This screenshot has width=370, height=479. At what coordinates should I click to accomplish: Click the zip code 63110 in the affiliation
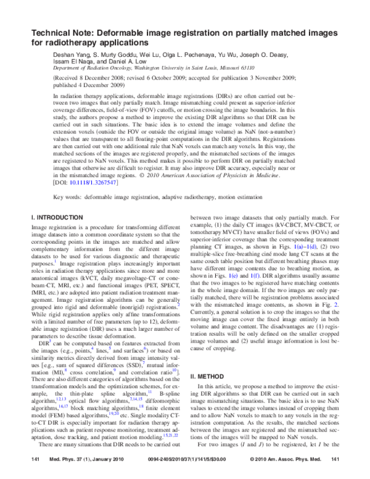[x=264, y=70]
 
